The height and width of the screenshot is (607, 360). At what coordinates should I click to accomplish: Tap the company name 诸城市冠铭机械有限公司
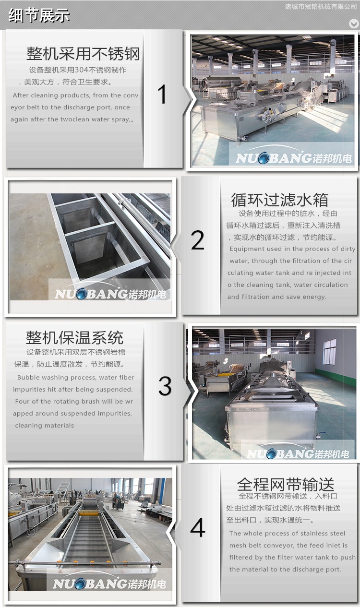[x=321, y=7]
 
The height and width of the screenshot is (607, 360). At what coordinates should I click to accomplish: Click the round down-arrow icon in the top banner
[x=353, y=24]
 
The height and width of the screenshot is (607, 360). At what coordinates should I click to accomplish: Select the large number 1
[x=162, y=94]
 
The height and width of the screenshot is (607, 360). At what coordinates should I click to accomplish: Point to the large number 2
[x=197, y=240]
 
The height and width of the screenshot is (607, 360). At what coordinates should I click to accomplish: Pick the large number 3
[x=165, y=385]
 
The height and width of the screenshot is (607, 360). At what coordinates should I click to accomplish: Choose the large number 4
[x=197, y=527]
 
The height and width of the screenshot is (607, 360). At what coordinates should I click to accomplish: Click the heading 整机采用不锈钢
[x=83, y=53]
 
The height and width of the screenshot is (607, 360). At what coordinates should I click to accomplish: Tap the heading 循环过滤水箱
[x=280, y=200]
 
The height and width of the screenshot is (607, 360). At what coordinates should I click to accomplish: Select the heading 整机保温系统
[x=74, y=337]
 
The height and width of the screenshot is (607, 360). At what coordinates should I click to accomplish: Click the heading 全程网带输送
[x=286, y=484]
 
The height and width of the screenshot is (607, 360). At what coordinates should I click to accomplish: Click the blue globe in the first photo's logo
[x=263, y=158]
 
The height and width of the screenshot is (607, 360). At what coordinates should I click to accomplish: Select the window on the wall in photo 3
[x=330, y=351]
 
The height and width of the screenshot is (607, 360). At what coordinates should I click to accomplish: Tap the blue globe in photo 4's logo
[x=79, y=583]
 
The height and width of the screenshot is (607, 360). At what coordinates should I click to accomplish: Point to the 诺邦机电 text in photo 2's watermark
[x=147, y=294]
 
